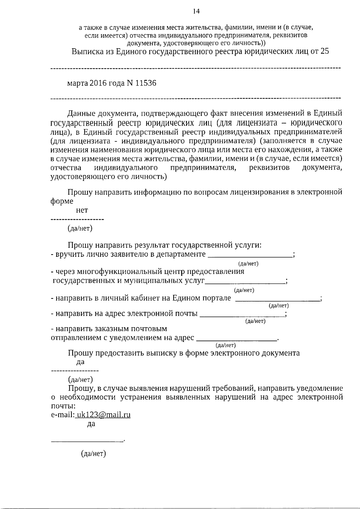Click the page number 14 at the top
pyautogui.click(x=196, y=11)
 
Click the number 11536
pyautogui.click(x=146, y=83)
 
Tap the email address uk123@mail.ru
pyautogui.click(x=103, y=415)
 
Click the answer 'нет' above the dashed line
pyautogui.click(x=82, y=211)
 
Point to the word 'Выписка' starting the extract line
pyautogui.click(x=85, y=51)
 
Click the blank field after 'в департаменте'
pyautogui.click(x=250, y=254)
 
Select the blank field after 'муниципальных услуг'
pyautogui.click(x=246, y=281)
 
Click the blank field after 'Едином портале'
pyautogui.click(x=277, y=298)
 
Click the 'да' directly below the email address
pyautogui.click(x=91, y=424)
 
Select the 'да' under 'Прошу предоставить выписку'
pyautogui.click(x=80, y=362)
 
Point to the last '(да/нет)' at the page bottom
pyautogui.click(x=94, y=454)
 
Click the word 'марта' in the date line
pyautogui.click(x=77, y=83)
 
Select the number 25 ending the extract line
pyautogui.click(x=325, y=51)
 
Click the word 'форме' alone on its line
pyautogui.click(x=62, y=201)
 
